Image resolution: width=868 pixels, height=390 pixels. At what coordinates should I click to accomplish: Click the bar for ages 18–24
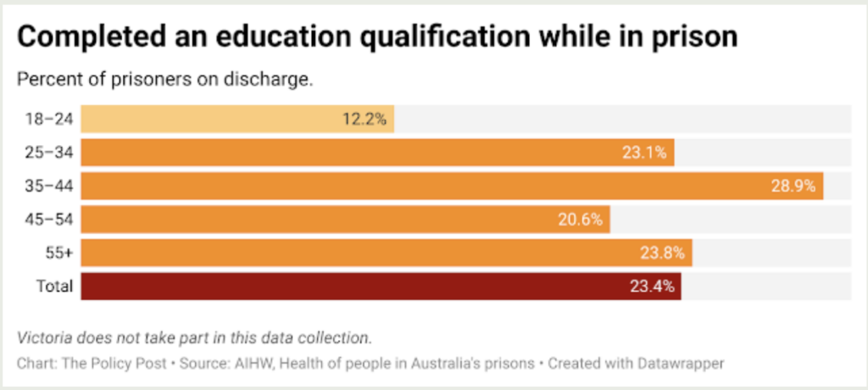point(237,120)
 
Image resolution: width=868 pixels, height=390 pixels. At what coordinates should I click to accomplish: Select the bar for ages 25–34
point(377,153)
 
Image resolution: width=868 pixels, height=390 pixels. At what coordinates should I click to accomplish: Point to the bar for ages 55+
point(387,253)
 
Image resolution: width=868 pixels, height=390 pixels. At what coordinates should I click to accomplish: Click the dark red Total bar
point(381,286)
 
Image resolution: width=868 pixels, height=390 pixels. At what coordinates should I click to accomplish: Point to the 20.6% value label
point(581,220)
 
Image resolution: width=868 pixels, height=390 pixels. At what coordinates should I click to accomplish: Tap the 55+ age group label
point(58,253)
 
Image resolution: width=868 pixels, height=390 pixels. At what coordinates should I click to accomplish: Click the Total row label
point(54,286)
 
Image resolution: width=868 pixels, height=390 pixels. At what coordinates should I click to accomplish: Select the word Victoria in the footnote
point(44,337)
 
